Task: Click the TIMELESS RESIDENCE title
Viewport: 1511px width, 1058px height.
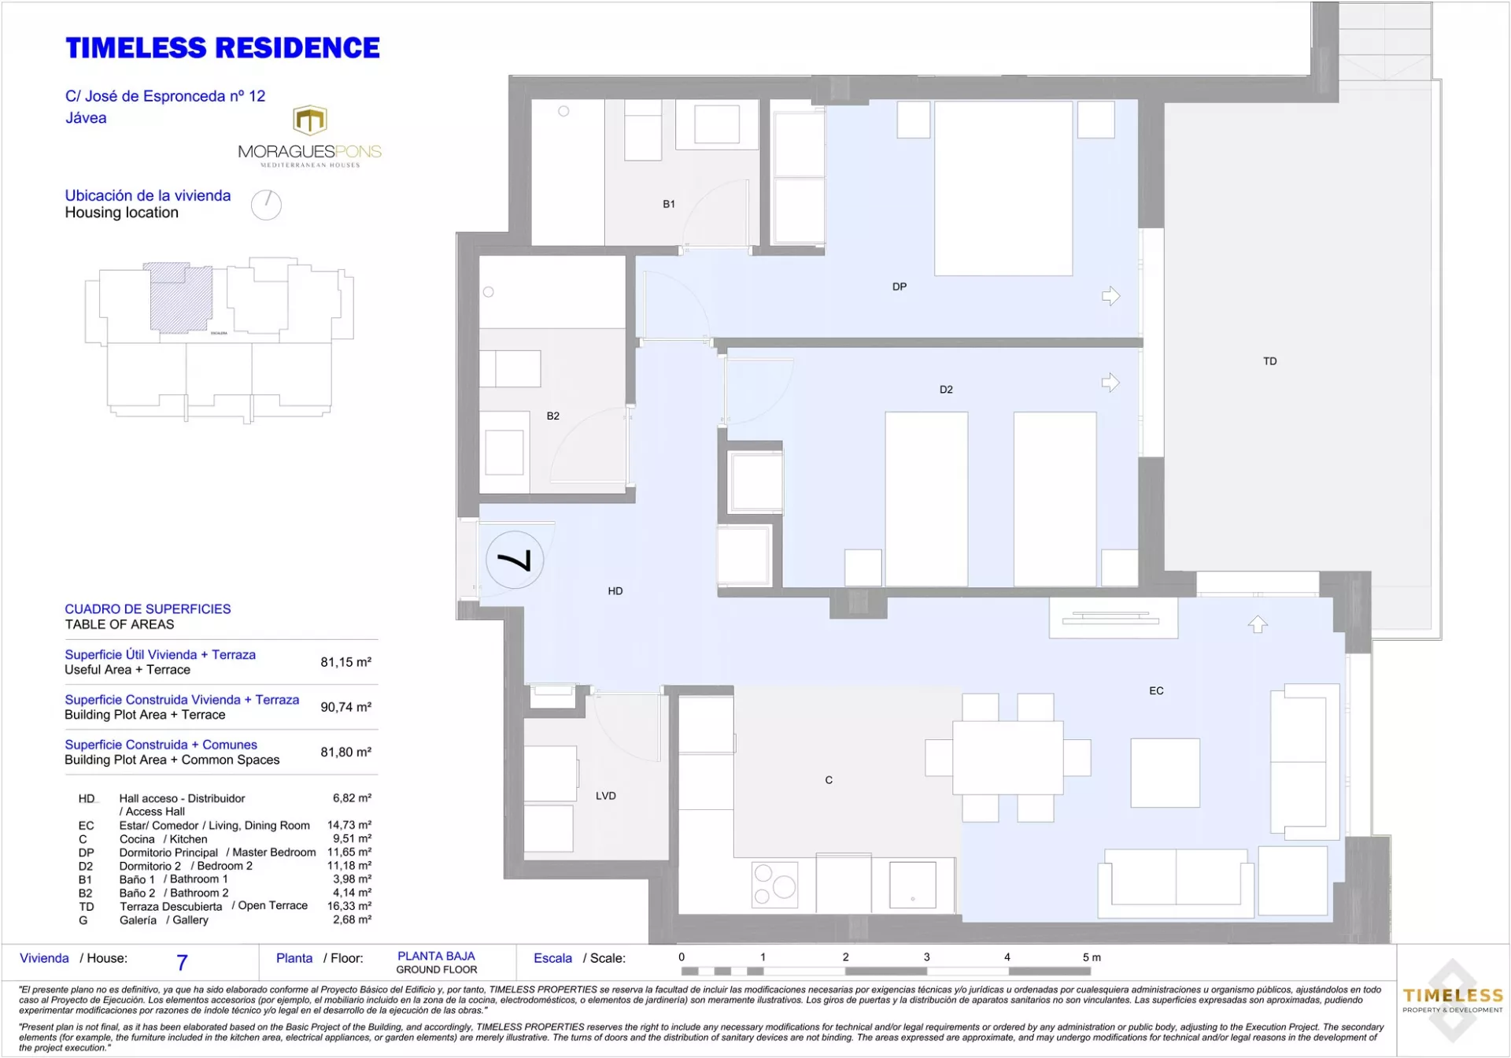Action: click(223, 48)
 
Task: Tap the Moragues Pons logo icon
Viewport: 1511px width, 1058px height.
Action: click(310, 120)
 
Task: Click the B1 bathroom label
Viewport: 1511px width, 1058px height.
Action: click(669, 204)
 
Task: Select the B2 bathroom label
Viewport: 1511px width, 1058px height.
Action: click(553, 416)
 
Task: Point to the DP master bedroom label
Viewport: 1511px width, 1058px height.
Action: click(900, 287)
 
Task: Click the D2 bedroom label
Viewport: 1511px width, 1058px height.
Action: click(946, 390)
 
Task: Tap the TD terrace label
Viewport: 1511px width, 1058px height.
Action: click(1270, 361)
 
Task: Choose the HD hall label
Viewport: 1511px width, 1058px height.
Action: click(615, 591)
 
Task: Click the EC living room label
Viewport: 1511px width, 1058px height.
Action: click(1156, 691)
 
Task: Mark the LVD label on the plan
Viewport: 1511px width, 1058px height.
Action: click(606, 796)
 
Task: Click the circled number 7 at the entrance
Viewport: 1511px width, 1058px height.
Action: click(515, 560)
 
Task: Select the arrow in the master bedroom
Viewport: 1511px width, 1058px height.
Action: click(1110, 296)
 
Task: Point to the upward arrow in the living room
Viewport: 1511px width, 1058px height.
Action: click(1258, 624)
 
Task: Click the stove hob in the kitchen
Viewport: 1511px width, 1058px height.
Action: click(775, 885)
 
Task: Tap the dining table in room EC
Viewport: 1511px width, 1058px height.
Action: click(1008, 758)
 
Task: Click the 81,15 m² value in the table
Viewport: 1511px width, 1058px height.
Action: click(346, 662)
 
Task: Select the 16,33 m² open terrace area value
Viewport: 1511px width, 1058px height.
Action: click(349, 906)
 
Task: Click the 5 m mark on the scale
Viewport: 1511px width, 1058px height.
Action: click(1092, 957)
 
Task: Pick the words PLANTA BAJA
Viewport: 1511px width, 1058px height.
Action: click(436, 956)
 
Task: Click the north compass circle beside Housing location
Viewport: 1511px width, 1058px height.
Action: click(266, 205)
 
